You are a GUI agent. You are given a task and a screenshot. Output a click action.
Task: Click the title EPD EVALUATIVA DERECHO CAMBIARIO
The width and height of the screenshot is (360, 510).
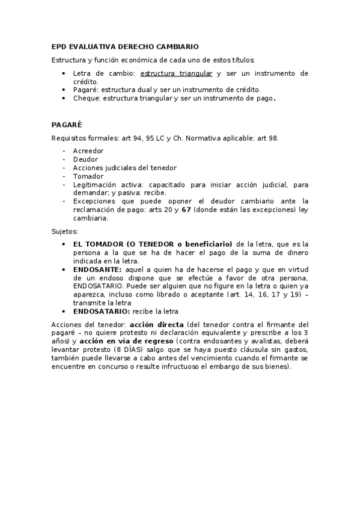coord(125,46)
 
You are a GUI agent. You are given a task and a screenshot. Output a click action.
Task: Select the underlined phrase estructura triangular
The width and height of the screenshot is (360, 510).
coord(176,73)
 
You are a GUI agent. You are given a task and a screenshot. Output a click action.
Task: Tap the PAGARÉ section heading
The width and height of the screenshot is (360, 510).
coord(67,126)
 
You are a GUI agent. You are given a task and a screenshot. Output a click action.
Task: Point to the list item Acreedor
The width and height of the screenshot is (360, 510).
coord(88,150)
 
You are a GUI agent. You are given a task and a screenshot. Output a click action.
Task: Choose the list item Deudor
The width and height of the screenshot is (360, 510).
coord(85,159)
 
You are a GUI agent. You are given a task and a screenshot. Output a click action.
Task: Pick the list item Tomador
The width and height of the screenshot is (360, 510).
coord(88,176)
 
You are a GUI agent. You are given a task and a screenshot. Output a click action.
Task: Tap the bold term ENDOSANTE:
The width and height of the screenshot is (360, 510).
coord(97,270)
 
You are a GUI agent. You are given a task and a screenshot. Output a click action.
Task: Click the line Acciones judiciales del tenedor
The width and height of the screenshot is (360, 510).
coord(124,168)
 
